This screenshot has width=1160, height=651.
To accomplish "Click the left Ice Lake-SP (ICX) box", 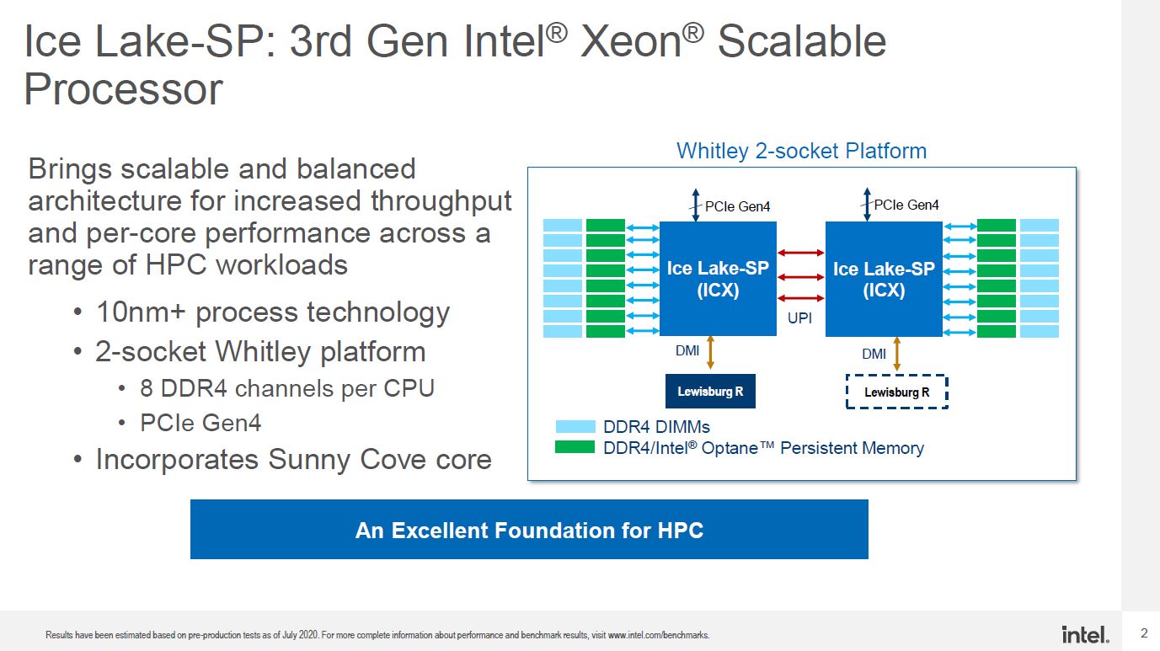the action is tap(718, 279).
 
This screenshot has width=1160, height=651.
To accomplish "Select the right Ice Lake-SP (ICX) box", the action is tap(884, 279).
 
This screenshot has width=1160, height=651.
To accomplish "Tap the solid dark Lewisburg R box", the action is tap(710, 391).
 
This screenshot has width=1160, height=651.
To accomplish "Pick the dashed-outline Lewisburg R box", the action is tap(897, 392).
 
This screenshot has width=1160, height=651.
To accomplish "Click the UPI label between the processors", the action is tap(799, 318).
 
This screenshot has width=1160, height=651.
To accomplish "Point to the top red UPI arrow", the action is tap(800, 253).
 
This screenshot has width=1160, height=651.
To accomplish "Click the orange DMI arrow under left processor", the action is tap(710, 353).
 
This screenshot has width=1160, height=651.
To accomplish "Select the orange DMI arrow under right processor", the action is tap(897, 355).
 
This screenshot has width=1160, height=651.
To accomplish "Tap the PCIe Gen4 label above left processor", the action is tap(737, 206).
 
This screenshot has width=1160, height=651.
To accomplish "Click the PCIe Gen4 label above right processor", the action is tap(906, 205).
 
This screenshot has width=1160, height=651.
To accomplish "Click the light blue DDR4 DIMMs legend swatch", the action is tap(575, 426).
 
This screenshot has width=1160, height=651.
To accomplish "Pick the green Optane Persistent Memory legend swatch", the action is tap(575, 447).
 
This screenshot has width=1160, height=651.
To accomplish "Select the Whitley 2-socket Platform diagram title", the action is tap(801, 151).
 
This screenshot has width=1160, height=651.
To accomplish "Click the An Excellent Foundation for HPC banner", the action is tap(529, 529).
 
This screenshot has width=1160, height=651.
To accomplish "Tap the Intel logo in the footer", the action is tap(1085, 634).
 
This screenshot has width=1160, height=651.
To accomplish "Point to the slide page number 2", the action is tap(1144, 632).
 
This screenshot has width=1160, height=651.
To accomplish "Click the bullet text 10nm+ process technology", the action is tap(273, 312).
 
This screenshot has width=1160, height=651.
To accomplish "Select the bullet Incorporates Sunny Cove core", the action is tap(294, 459).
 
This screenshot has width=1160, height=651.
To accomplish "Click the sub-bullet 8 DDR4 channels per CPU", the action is tap(287, 388).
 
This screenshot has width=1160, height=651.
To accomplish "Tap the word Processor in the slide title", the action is tap(123, 89).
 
